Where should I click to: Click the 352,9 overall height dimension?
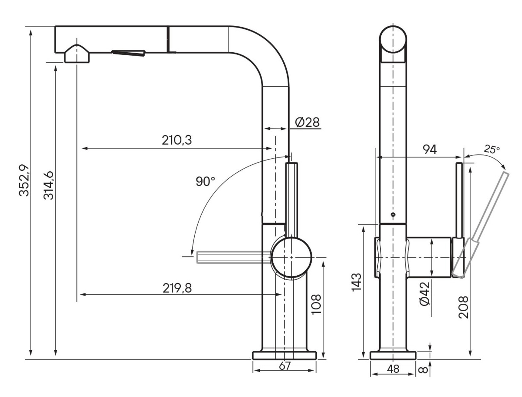click(24, 180)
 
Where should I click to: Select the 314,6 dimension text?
click(49, 186)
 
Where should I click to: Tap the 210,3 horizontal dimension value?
click(177, 140)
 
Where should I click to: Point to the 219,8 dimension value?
click(177, 288)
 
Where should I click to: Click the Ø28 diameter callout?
click(307, 122)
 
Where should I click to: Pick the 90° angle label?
click(205, 182)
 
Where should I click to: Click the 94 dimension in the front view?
click(430, 150)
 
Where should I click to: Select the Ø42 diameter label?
click(425, 294)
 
